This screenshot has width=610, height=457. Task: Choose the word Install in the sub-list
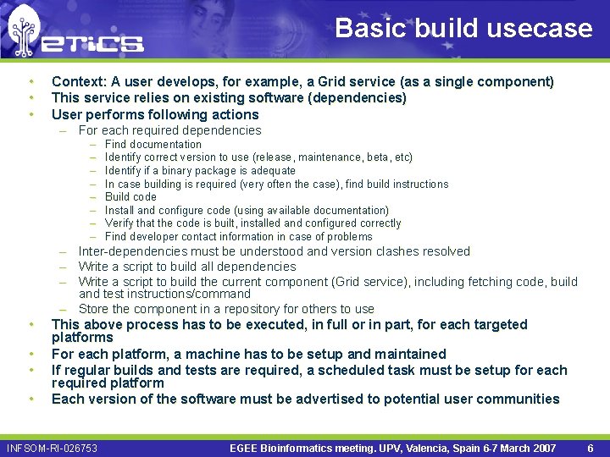(x=119, y=211)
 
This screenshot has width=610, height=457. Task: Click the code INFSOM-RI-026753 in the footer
(x=53, y=448)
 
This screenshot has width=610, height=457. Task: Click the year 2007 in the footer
(x=542, y=448)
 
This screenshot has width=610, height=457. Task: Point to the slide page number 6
(x=591, y=448)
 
